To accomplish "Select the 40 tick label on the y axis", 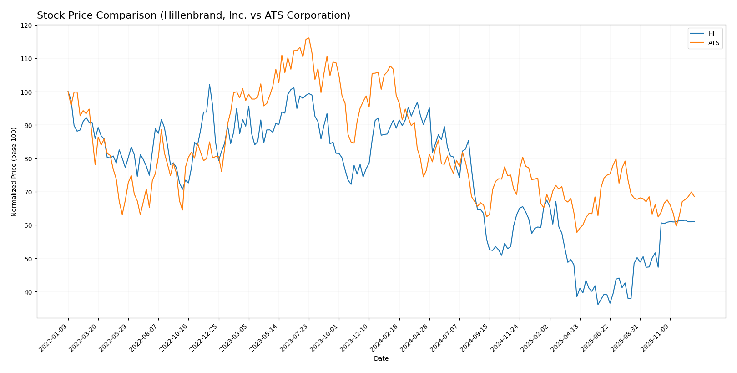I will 29,292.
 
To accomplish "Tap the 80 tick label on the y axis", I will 29,158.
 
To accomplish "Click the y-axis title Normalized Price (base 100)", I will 14,172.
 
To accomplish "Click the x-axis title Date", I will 381,359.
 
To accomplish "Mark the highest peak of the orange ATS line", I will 309,38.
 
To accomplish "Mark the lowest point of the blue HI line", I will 598,304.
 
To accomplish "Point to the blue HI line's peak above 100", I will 209,84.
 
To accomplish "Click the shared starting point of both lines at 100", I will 68,92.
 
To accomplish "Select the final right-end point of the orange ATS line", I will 694,196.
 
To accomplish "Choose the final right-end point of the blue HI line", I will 694,221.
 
